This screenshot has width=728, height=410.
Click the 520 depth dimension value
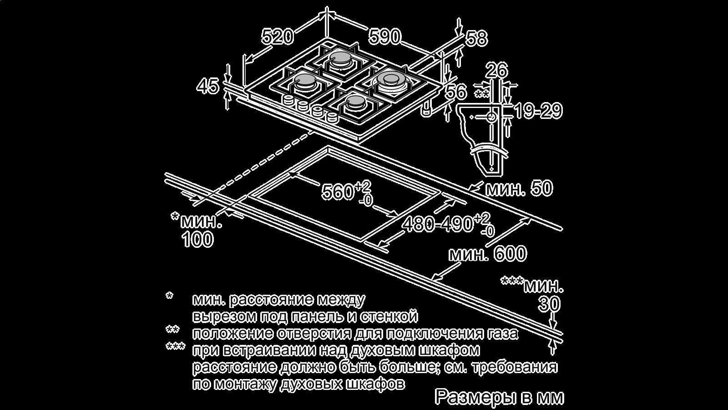tap(278, 36)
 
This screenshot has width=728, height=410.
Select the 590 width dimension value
tap(384, 36)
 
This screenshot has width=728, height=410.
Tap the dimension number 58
tap(476, 39)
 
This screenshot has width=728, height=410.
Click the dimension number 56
tap(455, 92)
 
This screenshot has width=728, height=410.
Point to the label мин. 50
tap(519, 189)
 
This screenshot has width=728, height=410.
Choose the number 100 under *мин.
tap(197, 240)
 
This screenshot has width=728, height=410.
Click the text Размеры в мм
tap(499, 397)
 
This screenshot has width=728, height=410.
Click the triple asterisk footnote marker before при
tap(175, 348)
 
